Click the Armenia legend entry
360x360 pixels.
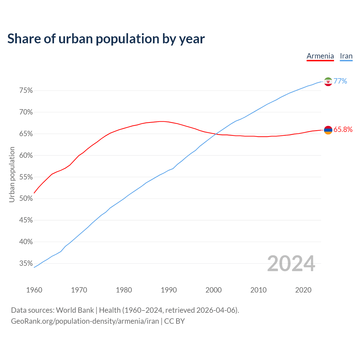(320, 56)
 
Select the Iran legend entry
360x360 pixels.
(346, 56)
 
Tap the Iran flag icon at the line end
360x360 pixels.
(328, 82)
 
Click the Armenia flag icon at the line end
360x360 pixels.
(328, 130)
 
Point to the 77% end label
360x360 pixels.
(340, 81)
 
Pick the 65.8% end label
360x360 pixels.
(343, 130)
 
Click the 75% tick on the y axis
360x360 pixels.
(26, 91)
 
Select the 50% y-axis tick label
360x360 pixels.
(26, 199)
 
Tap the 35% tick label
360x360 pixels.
(26, 264)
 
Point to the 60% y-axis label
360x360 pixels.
(26, 156)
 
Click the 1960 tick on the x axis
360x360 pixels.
(34, 290)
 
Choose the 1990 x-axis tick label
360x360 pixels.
(169, 290)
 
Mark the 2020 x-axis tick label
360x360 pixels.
(303, 290)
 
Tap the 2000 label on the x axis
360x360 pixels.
(213, 290)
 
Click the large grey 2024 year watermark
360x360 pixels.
(291, 264)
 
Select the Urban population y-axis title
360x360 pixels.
(12, 174)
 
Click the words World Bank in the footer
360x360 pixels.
(75, 310)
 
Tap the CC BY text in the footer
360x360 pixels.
(174, 321)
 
